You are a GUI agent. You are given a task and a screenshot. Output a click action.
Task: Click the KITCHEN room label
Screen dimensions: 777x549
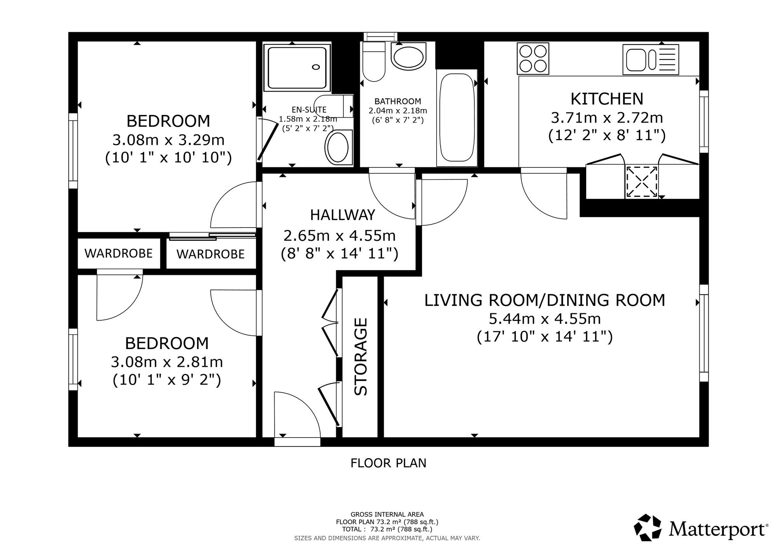tap(607, 99)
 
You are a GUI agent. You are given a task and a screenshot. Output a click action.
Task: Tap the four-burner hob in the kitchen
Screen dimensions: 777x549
tap(533, 59)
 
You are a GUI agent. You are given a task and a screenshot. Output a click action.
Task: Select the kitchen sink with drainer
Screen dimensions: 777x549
tap(651, 59)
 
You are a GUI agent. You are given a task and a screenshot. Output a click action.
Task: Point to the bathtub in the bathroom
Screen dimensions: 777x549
tap(457, 118)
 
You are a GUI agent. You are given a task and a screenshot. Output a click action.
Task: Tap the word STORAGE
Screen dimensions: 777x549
tap(361, 356)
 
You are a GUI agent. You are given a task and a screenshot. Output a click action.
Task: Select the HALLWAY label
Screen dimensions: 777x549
tap(343, 215)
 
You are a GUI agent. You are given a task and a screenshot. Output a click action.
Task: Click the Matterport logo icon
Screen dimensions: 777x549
tap(648, 528)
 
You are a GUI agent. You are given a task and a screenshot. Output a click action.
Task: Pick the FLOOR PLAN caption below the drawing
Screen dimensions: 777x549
tap(388, 463)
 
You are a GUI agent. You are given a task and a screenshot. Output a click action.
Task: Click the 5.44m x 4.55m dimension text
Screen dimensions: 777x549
tap(545, 319)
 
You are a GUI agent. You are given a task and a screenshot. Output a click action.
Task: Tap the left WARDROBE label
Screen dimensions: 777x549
tap(118, 254)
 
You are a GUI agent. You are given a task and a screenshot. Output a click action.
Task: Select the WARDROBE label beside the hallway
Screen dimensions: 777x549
tap(211, 254)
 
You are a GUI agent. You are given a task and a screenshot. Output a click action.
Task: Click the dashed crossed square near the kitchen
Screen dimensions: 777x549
tap(641, 182)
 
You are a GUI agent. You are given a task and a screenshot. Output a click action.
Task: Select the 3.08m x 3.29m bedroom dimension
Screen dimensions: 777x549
tap(168, 139)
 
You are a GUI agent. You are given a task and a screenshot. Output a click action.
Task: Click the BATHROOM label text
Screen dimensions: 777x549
tap(398, 102)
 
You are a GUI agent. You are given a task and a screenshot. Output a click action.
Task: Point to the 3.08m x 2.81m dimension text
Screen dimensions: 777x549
tap(167, 362)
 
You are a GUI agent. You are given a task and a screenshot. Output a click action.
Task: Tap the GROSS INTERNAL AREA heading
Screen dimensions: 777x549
tap(387, 514)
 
